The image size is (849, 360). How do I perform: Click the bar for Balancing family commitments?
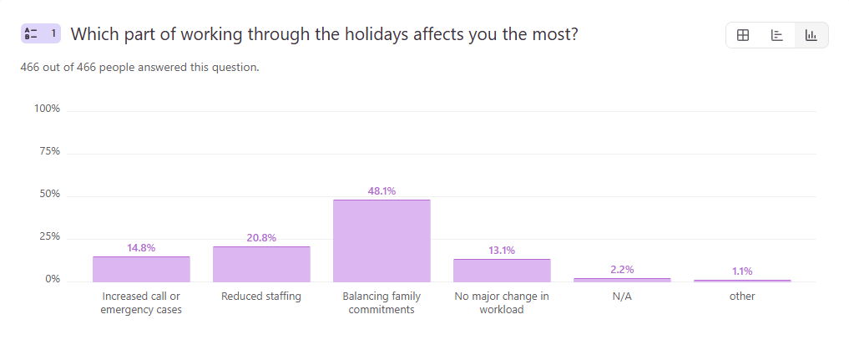pos(382,241)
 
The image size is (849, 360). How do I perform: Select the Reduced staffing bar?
pos(261,264)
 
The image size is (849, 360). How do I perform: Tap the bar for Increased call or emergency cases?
pos(141,269)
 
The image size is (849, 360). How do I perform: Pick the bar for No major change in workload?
pos(502,270)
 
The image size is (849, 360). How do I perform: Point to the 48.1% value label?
pos(382,191)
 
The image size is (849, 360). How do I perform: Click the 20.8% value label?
pos(261,238)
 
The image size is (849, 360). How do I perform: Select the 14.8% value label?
pos(141,248)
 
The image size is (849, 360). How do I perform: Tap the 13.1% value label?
pos(502,251)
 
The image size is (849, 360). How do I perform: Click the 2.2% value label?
pos(622,270)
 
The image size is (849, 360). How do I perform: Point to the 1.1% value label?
pos(742,271)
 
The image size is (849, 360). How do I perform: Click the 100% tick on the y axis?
pos(47,109)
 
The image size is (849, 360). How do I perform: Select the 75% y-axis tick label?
pos(50,152)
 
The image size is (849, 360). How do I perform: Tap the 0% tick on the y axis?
pos(53,279)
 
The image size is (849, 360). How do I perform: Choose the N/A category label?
pos(622,297)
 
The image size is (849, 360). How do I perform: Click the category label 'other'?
pos(742,297)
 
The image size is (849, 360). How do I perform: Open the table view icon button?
pos(743,35)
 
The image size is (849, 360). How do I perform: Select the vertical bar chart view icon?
pos(811,35)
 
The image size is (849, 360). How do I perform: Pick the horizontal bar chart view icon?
pos(776,35)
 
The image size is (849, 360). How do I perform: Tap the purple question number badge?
pos(41,33)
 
